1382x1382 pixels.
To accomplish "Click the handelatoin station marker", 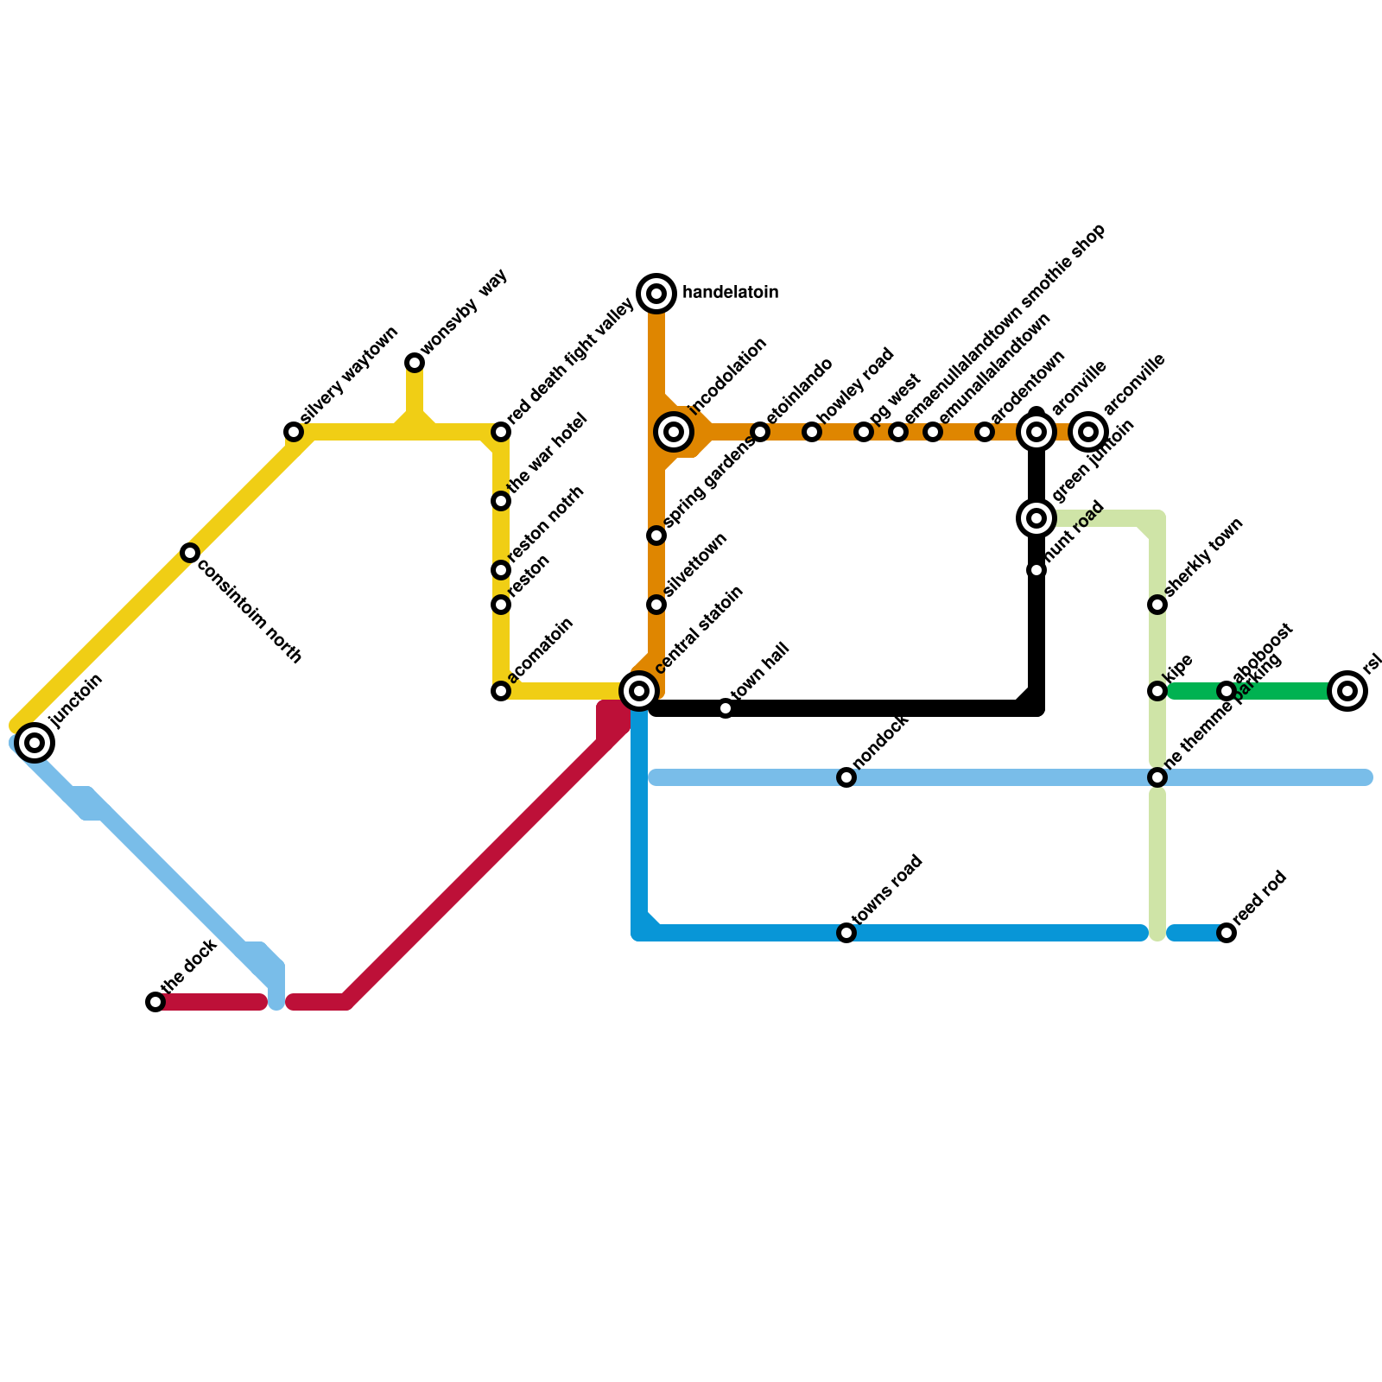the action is tap(656, 294).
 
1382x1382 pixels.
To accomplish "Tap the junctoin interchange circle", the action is tap(35, 742).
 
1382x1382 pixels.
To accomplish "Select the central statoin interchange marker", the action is tap(639, 691).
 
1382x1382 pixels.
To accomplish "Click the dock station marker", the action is tap(155, 1002).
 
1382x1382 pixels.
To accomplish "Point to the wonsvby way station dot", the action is tap(415, 363).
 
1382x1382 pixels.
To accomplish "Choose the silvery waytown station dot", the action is tap(294, 432).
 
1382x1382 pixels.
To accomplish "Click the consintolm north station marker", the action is tap(190, 553).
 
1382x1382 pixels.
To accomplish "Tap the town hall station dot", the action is tap(726, 708).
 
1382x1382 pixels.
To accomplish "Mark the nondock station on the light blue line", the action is tap(846, 777).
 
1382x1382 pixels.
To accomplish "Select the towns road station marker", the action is tap(846, 933).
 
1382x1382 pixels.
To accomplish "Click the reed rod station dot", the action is tap(1227, 933).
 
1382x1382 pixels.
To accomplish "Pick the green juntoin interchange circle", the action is tap(1036, 518).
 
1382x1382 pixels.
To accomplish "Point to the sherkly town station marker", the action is tap(1157, 605).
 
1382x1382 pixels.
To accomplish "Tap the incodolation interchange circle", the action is tap(675, 431).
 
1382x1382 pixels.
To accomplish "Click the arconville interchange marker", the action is tap(1088, 432).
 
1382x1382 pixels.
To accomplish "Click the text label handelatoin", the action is tap(730, 293).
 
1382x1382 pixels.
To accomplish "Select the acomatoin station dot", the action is tap(501, 691).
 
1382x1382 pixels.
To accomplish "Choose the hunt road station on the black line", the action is tap(1036, 570).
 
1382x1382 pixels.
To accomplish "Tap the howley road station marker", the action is tap(812, 432).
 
